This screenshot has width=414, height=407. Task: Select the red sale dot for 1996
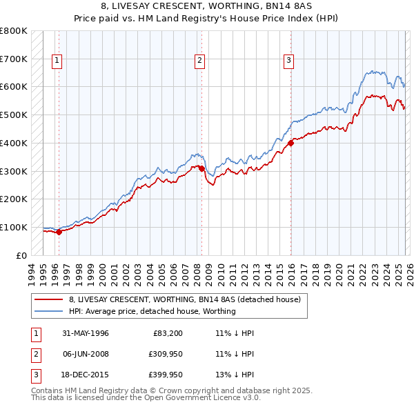(59, 232)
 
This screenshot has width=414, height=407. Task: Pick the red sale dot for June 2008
(201, 168)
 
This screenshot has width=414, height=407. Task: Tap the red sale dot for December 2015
(290, 143)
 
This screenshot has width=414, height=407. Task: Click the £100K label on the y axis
(14, 227)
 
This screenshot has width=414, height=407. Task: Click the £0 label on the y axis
(21, 255)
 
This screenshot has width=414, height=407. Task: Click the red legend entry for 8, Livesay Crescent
(184, 300)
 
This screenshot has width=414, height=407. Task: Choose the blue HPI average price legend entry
(152, 311)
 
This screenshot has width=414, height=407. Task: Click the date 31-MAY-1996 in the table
(86, 333)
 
